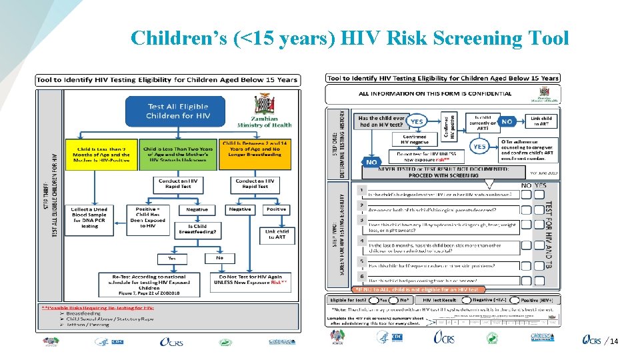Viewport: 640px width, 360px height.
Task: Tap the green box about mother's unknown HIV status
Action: [x=178, y=154]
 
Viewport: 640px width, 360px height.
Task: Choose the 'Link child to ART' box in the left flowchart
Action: [x=275, y=235]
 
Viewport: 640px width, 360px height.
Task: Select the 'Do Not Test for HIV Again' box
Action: [x=251, y=283]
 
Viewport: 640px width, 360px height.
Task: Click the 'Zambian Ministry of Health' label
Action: [x=265, y=121]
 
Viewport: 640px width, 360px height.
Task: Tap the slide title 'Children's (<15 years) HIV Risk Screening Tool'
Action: [x=350, y=38]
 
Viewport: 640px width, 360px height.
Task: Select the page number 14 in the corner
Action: [x=614, y=342]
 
